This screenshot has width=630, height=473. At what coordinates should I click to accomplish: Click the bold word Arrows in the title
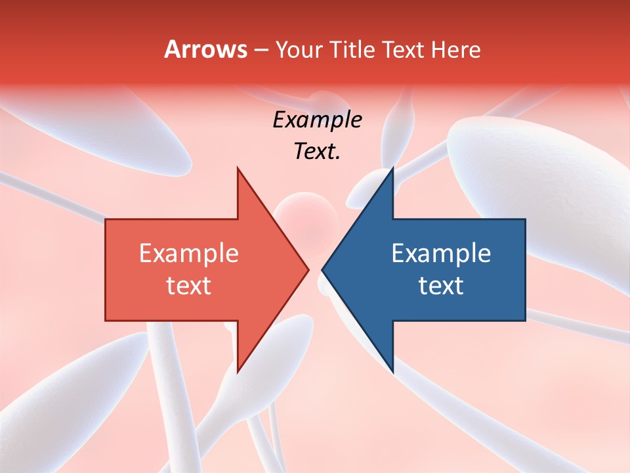205,49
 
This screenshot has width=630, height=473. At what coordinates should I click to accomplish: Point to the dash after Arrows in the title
261,50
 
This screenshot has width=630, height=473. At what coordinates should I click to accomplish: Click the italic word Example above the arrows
317,120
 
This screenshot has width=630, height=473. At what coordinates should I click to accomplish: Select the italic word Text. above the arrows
317,151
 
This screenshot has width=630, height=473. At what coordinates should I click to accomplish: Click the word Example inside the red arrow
188,253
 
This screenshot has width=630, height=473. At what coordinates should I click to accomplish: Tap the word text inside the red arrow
188,285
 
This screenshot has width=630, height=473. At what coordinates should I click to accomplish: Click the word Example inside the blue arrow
441,253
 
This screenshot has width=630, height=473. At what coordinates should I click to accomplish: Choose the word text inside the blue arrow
441,285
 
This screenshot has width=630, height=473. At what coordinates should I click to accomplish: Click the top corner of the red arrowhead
238,169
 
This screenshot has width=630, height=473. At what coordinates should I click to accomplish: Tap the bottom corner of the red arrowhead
238,371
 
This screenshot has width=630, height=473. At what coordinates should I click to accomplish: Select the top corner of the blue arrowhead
392,169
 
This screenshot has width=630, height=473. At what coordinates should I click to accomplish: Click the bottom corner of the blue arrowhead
392,371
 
